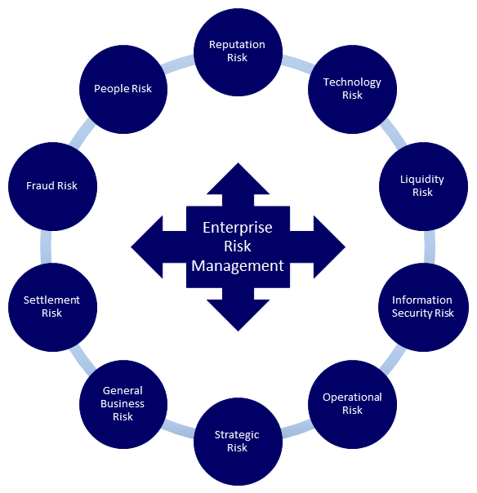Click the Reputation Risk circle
pyautogui.click(x=238, y=52)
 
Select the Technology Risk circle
pyautogui.click(x=352, y=89)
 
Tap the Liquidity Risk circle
pyautogui.click(x=423, y=186)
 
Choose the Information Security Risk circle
pyautogui.click(x=423, y=307)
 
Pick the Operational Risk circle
pyautogui.click(x=352, y=404)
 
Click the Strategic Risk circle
pyautogui.click(x=238, y=442)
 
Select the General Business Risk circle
pyautogui.click(x=123, y=404)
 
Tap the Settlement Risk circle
pyautogui.click(x=52, y=307)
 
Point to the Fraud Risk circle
pyautogui.click(x=52, y=186)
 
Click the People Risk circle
pyautogui.click(x=123, y=89)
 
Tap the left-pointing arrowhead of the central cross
pyautogui.click(x=147, y=246)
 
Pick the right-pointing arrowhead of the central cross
pyautogui.click(x=329, y=246)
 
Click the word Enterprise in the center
pyautogui.click(x=238, y=228)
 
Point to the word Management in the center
pyautogui.click(x=238, y=265)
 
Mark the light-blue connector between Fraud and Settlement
pyautogui.click(x=46, y=246)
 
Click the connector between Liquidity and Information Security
pyautogui.click(x=430, y=246)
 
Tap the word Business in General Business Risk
pyautogui.click(x=123, y=403)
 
